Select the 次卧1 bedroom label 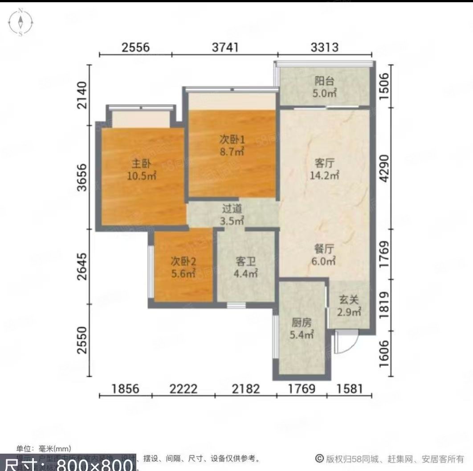pyautogui.click(x=232, y=139)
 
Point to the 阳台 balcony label pyautogui.click(x=325, y=81)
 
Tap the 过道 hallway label pyautogui.click(x=232, y=208)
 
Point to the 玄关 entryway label pyautogui.click(x=349, y=299)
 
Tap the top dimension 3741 pyautogui.click(x=225, y=47)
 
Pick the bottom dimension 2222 pyautogui.click(x=183, y=389)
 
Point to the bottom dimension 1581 pyautogui.click(x=350, y=389)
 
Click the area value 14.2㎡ pyautogui.click(x=325, y=175)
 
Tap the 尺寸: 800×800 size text pyautogui.click(x=67, y=464)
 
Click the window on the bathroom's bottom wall pyautogui.click(x=236, y=305)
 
